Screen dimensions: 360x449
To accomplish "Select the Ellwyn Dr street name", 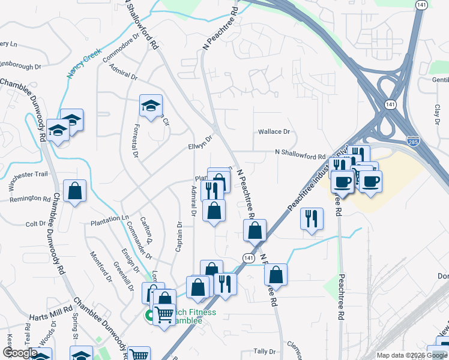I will click(x=200, y=143).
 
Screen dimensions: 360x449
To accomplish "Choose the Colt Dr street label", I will click(x=32, y=223).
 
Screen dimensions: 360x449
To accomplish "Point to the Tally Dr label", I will click(x=264, y=352).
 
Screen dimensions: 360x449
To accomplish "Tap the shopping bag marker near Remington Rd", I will click(x=74, y=191).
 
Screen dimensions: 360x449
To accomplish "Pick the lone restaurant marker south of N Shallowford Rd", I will click(x=311, y=219).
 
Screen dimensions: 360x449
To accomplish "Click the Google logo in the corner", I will click(x=20, y=353).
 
